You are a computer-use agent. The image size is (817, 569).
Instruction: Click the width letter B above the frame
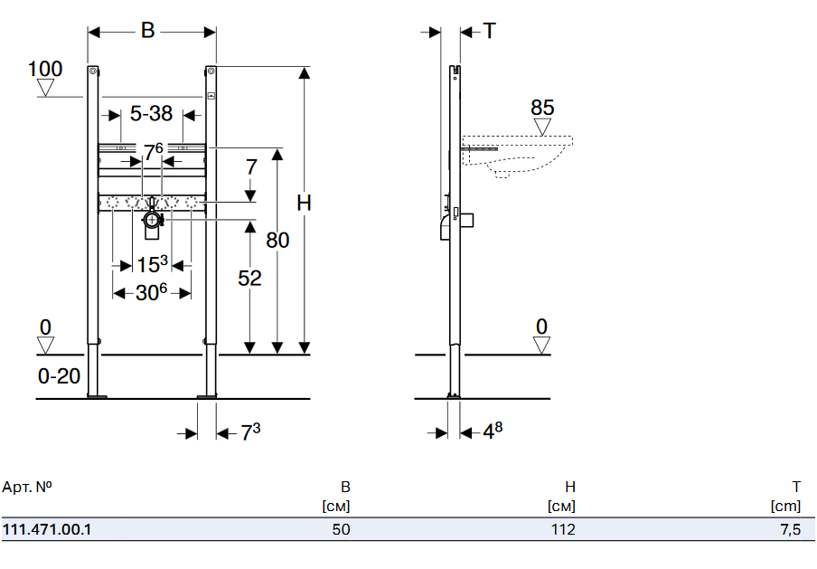pos(148,31)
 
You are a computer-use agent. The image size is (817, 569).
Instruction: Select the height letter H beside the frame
pos(305,204)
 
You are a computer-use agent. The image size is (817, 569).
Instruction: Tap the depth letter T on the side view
pos(489,31)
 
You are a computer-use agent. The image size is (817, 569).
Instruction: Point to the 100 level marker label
pos(45,69)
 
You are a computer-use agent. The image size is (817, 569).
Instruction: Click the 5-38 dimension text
pos(151,114)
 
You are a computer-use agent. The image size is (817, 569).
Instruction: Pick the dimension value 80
pos(277,241)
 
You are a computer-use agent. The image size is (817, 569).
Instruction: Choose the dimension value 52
pos(249,279)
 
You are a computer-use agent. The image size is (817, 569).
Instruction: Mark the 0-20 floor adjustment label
pos(60,375)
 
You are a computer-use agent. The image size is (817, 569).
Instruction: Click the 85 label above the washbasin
pos(542,108)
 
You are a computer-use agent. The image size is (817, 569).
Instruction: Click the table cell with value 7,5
pos(790,529)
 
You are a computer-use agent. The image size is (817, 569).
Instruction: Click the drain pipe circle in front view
pos(152,218)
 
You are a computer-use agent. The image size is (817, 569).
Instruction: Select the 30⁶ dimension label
pos(151,293)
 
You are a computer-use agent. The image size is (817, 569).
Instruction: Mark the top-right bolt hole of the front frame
pos(210,71)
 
